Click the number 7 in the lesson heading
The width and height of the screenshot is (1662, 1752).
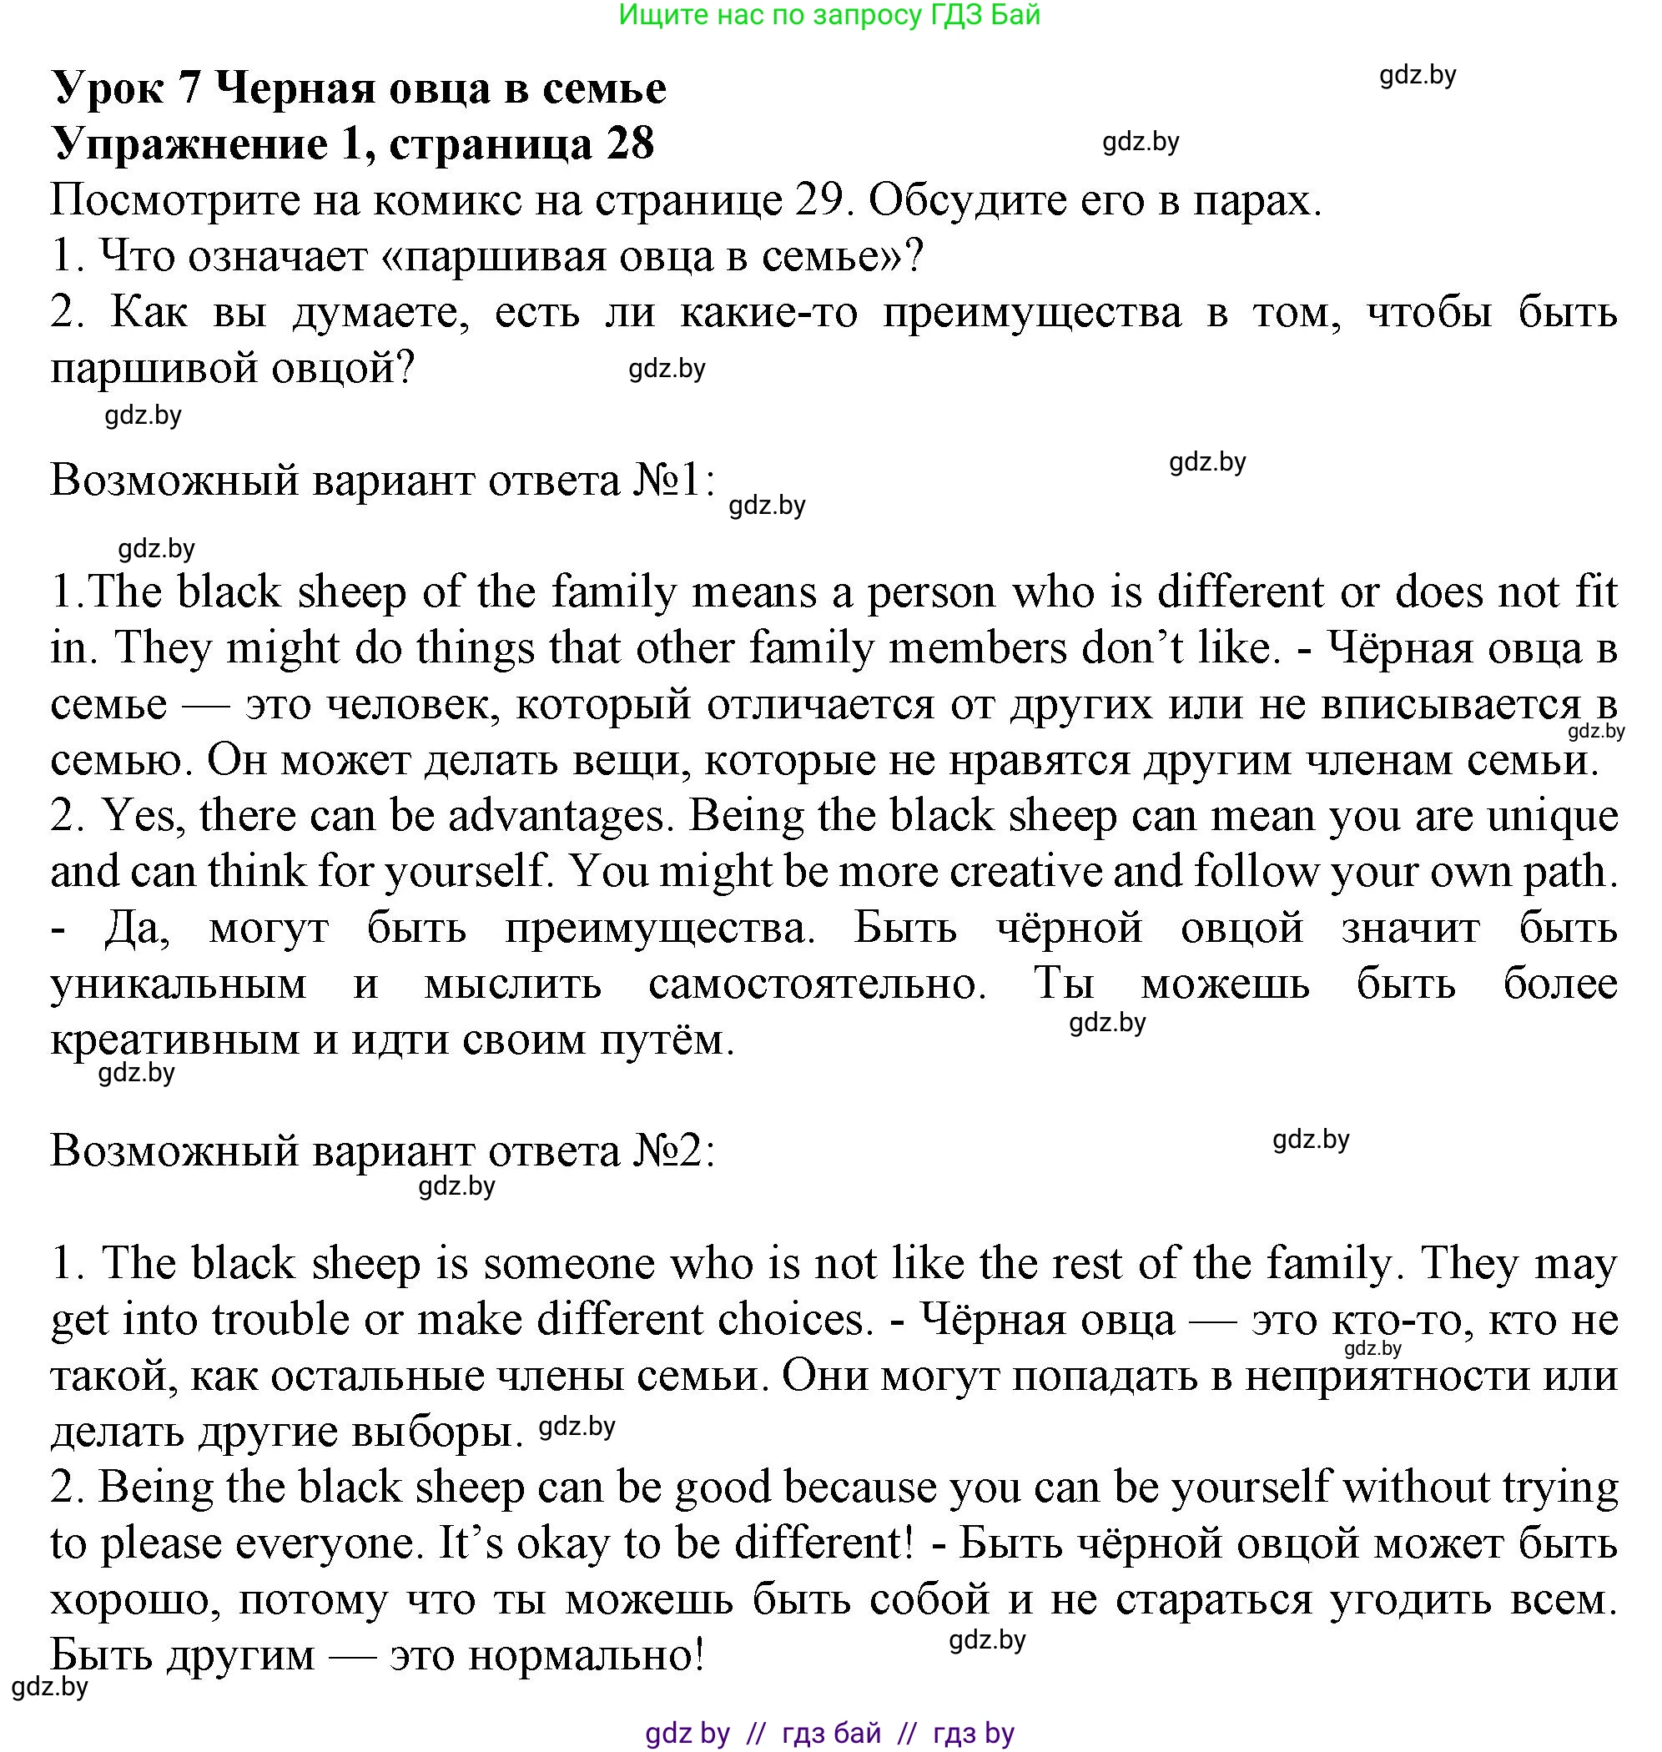click(x=189, y=88)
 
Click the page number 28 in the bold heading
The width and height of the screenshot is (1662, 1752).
click(x=630, y=143)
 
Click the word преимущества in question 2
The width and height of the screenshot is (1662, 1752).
click(x=1031, y=313)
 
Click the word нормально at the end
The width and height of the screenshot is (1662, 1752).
click(x=586, y=1655)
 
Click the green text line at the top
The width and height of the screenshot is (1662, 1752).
click(x=829, y=15)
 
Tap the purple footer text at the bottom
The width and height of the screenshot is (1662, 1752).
click(x=829, y=1733)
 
